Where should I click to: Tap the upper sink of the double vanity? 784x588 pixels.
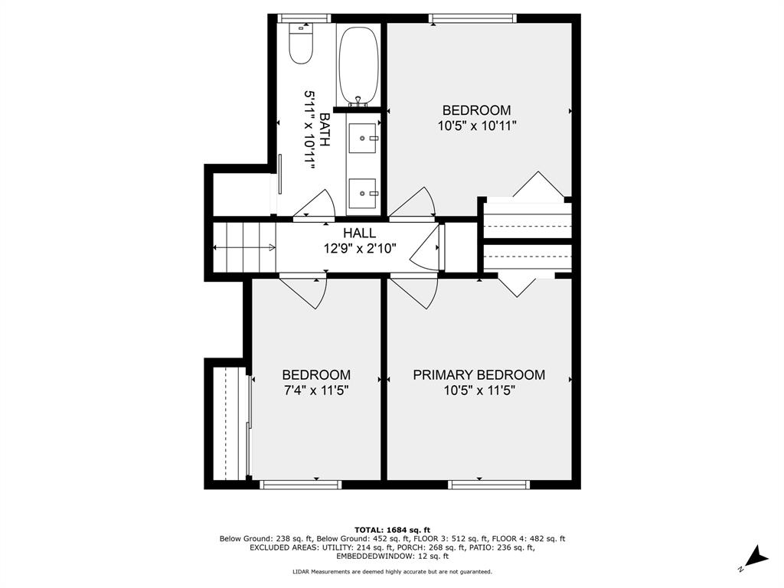pyautogui.click(x=362, y=138)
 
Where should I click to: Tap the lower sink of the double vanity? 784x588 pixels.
pyautogui.click(x=362, y=193)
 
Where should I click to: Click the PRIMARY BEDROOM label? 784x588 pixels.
pyautogui.click(x=479, y=375)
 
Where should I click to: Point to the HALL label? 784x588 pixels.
pyautogui.click(x=360, y=233)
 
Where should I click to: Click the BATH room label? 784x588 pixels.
pyautogui.click(x=325, y=129)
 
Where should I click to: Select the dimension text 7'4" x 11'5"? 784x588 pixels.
pyautogui.click(x=316, y=390)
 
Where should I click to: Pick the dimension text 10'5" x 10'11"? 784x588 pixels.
pyautogui.click(x=477, y=126)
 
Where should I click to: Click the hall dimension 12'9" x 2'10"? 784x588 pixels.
pyautogui.click(x=360, y=248)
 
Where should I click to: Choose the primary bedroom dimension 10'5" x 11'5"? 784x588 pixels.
pyautogui.click(x=479, y=390)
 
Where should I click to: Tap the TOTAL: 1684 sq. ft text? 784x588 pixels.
pyautogui.click(x=393, y=530)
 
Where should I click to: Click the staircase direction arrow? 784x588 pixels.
pyautogui.click(x=244, y=247)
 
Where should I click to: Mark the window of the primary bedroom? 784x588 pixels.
pyautogui.click(x=488, y=485)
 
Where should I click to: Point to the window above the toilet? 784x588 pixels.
pyautogui.click(x=304, y=18)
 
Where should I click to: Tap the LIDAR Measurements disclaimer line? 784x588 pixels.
pyautogui.click(x=393, y=571)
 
